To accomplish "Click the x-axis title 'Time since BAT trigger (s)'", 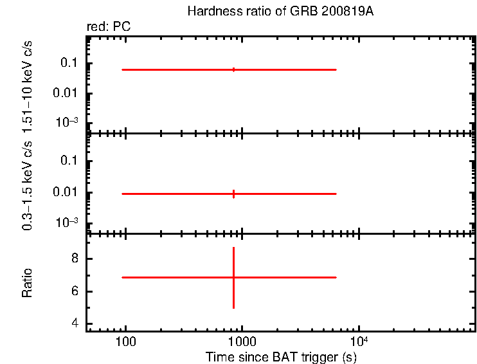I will [x=281, y=357].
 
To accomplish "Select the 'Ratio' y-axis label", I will [x=28, y=283].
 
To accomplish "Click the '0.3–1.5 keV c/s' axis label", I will [x=28, y=190].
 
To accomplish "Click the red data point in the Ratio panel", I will [x=233, y=277].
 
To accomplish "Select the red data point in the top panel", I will [x=233, y=69].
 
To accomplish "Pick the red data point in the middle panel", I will [x=233, y=194].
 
